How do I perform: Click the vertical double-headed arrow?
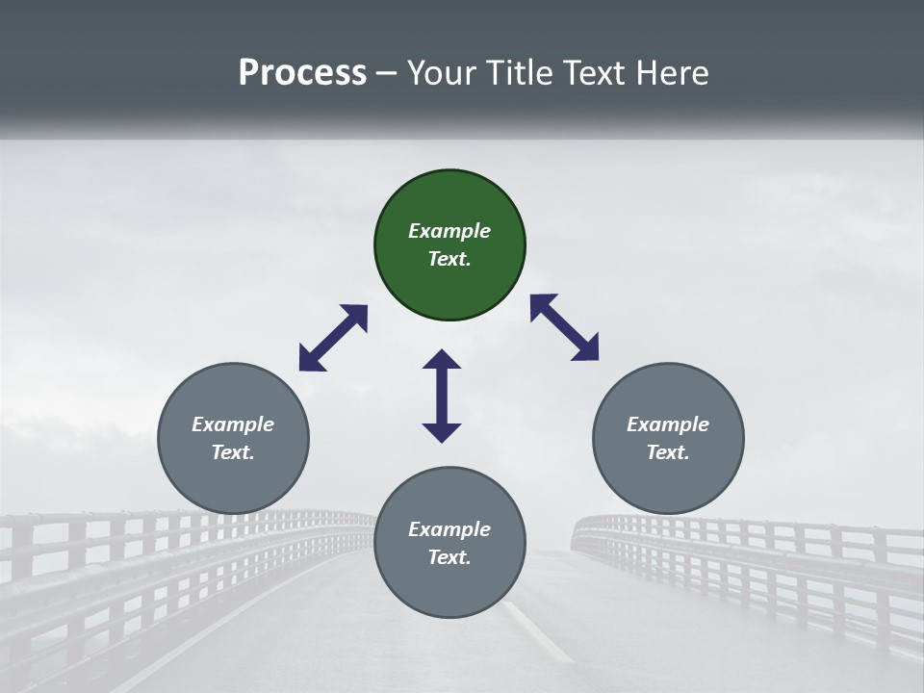tap(442, 396)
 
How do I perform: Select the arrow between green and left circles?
tap(333, 338)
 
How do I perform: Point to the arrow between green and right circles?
tap(565, 327)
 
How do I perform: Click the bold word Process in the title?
tap(302, 72)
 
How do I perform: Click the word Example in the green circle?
tap(449, 231)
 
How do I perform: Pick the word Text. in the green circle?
tap(449, 259)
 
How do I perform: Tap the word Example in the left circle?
tap(233, 424)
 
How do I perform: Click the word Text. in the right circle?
tap(668, 452)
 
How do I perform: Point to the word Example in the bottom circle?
tap(449, 529)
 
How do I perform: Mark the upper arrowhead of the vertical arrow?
tap(442, 359)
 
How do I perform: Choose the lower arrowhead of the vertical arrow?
tap(442, 432)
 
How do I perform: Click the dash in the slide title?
tap(387, 73)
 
